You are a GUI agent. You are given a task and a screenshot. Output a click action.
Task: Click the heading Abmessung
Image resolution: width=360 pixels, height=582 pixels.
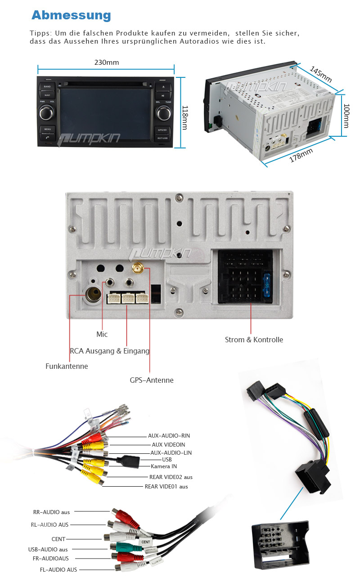(71, 15)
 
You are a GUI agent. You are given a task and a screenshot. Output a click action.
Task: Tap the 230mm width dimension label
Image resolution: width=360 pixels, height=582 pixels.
(107, 62)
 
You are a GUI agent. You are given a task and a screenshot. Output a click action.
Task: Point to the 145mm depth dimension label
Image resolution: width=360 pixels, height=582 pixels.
(321, 75)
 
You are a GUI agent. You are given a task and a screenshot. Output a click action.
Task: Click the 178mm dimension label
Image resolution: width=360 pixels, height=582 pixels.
(301, 155)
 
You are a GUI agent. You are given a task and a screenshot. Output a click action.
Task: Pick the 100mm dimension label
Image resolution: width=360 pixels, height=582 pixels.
(346, 116)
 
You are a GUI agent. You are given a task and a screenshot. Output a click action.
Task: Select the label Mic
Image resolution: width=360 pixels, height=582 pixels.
(102, 334)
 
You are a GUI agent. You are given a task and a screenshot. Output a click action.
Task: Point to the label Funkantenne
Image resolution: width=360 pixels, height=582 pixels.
(67, 366)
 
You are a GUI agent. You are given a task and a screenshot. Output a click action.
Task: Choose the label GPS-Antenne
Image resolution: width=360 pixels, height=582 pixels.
(151, 380)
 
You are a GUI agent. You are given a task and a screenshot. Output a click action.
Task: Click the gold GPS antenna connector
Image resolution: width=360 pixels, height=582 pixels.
(137, 269)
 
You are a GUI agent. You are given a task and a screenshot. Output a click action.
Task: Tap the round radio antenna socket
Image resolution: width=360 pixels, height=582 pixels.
(94, 295)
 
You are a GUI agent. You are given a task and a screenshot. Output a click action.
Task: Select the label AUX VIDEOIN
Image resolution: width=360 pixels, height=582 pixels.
(168, 444)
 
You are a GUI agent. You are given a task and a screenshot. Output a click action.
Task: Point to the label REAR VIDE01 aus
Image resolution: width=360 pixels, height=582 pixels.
(166, 486)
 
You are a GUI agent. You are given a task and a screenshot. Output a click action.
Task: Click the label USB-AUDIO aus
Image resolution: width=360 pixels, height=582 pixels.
(48, 549)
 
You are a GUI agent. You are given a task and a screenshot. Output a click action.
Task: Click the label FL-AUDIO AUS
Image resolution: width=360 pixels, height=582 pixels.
(58, 569)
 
